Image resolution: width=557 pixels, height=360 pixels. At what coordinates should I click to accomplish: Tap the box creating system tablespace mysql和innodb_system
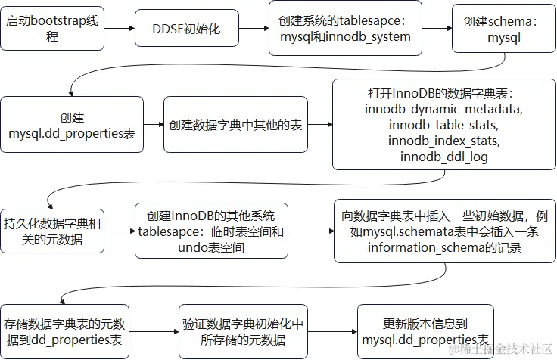pyautogui.click(x=345, y=29)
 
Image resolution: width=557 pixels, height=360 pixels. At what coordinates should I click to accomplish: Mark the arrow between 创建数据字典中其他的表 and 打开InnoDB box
pyautogui.click(x=320, y=126)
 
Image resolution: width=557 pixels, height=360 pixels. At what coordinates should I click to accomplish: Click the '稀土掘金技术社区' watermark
pyautogui.click(x=501, y=349)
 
